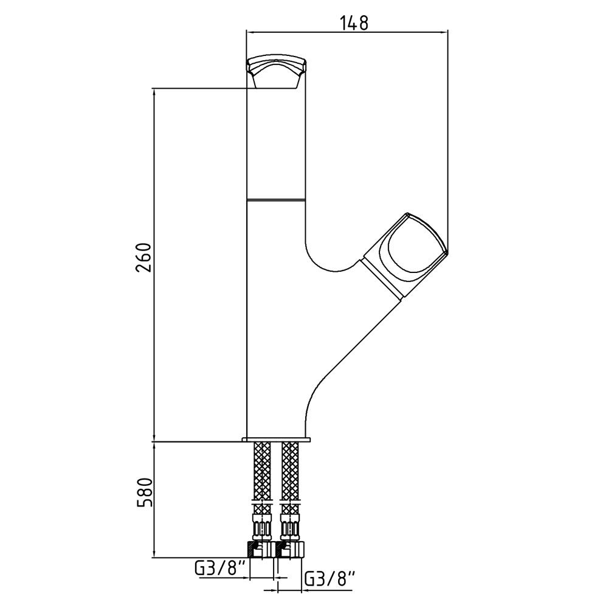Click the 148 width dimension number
click(354, 23)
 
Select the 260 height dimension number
click(144, 258)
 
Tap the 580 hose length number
click(144, 493)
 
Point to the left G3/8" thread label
click(221, 570)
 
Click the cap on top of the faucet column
click(277, 72)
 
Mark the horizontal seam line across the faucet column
click(276, 200)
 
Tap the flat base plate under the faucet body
click(276, 440)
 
